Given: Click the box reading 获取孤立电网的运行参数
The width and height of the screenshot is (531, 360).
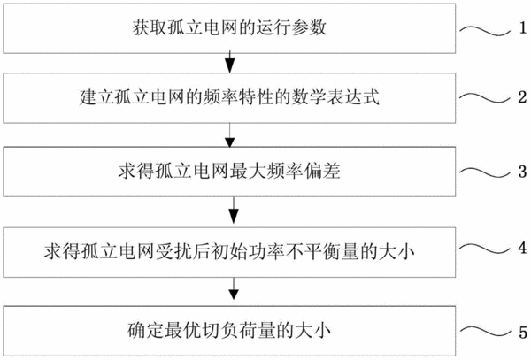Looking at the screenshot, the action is (x=229, y=28).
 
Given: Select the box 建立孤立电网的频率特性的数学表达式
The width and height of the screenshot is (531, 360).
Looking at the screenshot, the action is (x=229, y=98).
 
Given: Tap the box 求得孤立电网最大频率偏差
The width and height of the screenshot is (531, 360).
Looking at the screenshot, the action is (x=229, y=172).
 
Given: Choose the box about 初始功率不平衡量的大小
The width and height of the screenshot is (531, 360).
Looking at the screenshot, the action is (x=229, y=252).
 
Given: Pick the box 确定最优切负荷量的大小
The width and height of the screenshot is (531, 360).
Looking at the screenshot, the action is (x=229, y=331).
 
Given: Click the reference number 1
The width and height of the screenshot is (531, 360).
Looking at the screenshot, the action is (x=523, y=27).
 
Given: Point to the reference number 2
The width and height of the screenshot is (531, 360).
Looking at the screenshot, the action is (x=522, y=97).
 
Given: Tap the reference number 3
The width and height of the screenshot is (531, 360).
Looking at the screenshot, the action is (x=522, y=172).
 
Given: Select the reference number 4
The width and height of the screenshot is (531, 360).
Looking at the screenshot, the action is (x=522, y=248).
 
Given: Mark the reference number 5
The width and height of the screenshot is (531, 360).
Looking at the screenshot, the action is (x=523, y=333).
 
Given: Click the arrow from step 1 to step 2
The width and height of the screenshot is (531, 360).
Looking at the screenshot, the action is (x=230, y=63).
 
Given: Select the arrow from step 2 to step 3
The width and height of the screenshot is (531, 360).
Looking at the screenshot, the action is (x=230, y=135).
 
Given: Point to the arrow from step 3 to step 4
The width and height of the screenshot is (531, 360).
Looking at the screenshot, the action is (x=234, y=211).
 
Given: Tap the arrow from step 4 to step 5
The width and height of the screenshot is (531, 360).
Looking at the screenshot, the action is (x=234, y=288).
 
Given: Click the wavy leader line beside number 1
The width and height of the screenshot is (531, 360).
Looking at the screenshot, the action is (x=485, y=30).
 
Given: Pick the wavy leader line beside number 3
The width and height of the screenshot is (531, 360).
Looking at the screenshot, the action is (x=485, y=172).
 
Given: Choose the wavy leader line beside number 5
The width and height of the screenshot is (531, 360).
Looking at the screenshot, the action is (x=485, y=333).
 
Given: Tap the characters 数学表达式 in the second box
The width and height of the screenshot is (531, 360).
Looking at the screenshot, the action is (x=335, y=97).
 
